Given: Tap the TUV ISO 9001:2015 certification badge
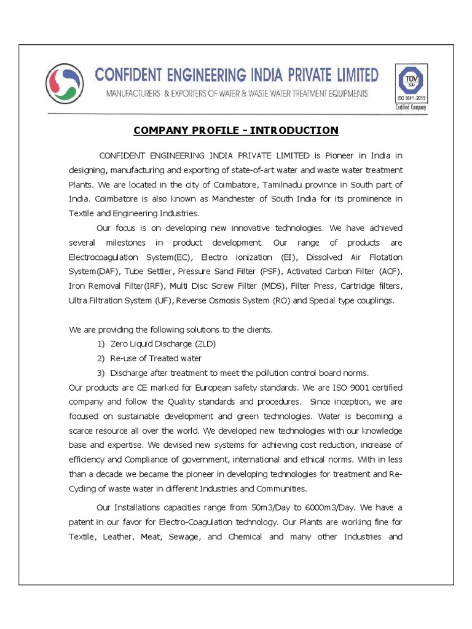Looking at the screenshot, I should [x=411, y=87].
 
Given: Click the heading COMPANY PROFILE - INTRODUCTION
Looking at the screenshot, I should [x=236, y=130].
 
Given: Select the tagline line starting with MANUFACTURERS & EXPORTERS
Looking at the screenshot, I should [x=237, y=94].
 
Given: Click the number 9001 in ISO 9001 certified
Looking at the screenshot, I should [x=355, y=388].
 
